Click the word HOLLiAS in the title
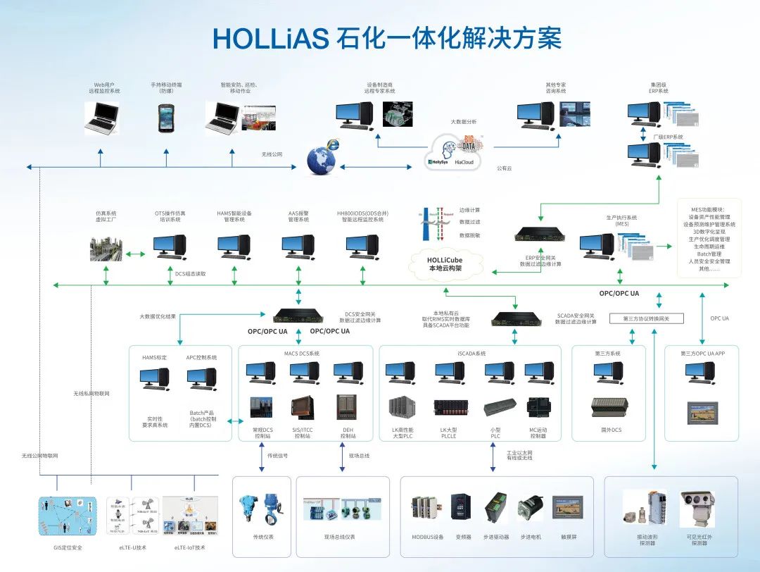(270, 39)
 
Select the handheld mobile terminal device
(166, 117)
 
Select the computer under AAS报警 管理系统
(298, 246)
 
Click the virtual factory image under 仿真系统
(106, 247)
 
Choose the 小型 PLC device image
(500, 408)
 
